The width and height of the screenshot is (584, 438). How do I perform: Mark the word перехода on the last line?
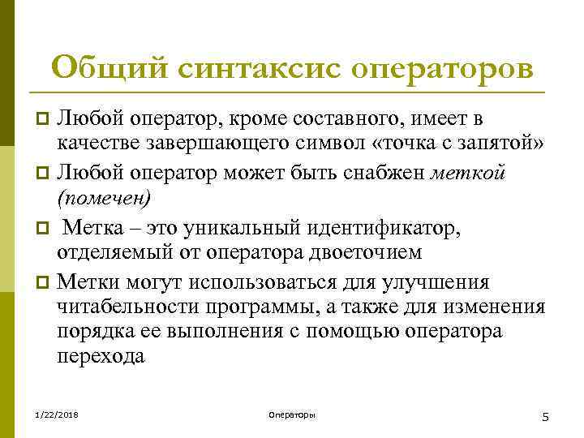click(x=101, y=357)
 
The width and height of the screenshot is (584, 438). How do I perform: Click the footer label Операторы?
click(x=291, y=415)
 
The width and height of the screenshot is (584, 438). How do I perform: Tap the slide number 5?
click(x=545, y=417)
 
